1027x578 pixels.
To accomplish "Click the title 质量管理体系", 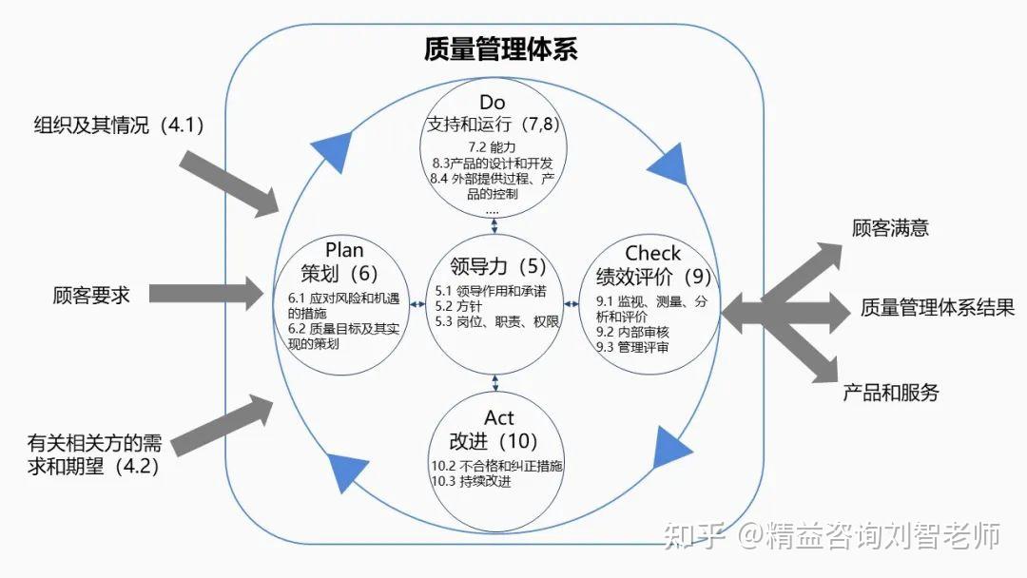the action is point(500,48).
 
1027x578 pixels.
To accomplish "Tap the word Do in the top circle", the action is point(492,102).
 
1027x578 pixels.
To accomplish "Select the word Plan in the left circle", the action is point(344,249).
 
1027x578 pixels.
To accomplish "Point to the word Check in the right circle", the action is point(652,253).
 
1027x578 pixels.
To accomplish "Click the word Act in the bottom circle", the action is point(498,417).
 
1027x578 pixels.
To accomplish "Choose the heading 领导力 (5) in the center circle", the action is point(497,266).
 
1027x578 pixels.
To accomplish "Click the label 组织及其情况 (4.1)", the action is point(119,125).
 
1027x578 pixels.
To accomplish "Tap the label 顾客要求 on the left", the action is point(91,296).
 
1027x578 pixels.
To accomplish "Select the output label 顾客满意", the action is point(890,228).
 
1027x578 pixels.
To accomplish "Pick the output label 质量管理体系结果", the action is point(938,307).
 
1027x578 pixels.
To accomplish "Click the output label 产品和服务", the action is point(890,392).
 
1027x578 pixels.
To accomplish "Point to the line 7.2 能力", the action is point(492,147).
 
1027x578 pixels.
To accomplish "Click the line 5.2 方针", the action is point(458,306).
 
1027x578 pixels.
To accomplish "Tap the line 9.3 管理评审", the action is point(632,347).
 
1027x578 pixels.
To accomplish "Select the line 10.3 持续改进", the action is point(471,481).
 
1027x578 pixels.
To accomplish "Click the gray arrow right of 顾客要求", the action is point(206,293).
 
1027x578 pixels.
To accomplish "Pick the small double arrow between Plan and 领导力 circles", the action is point(417,303).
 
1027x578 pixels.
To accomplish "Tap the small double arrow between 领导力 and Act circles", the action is point(495,383).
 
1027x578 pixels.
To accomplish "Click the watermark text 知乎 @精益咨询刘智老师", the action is point(832,535).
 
